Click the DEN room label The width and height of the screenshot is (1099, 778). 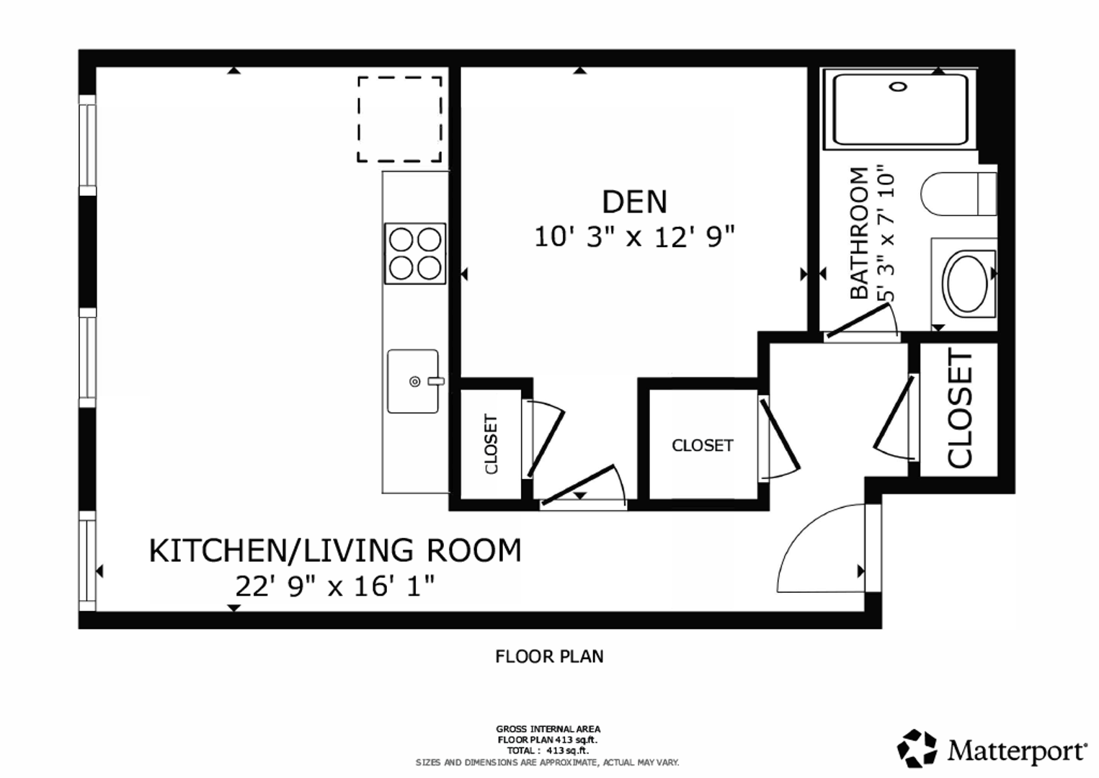(x=634, y=202)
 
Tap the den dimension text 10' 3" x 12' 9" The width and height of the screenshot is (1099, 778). (x=634, y=237)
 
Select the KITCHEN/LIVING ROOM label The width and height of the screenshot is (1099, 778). (x=335, y=550)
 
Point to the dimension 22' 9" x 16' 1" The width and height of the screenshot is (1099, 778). (x=335, y=586)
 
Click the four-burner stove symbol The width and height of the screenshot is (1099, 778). (x=415, y=254)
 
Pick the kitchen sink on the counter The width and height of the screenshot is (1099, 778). (x=413, y=381)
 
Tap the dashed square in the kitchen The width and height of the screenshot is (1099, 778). (x=400, y=119)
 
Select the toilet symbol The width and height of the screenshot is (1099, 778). (x=958, y=193)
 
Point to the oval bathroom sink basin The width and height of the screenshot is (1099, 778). (x=968, y=284)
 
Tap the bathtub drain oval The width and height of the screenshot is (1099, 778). (x=899, y=87)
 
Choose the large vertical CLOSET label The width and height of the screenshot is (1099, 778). (x=960, y=408)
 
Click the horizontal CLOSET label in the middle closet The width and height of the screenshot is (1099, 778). (x=702, y=445)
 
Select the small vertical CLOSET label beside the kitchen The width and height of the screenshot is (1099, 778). (x=491, y=444)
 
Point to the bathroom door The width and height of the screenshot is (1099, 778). (x=858, y=321)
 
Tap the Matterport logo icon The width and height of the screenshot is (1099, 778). (x=917, y=748)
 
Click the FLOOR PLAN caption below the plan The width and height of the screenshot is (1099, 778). (x=549, y=656)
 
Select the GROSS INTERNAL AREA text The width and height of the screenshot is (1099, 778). (x=548, y=730)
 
